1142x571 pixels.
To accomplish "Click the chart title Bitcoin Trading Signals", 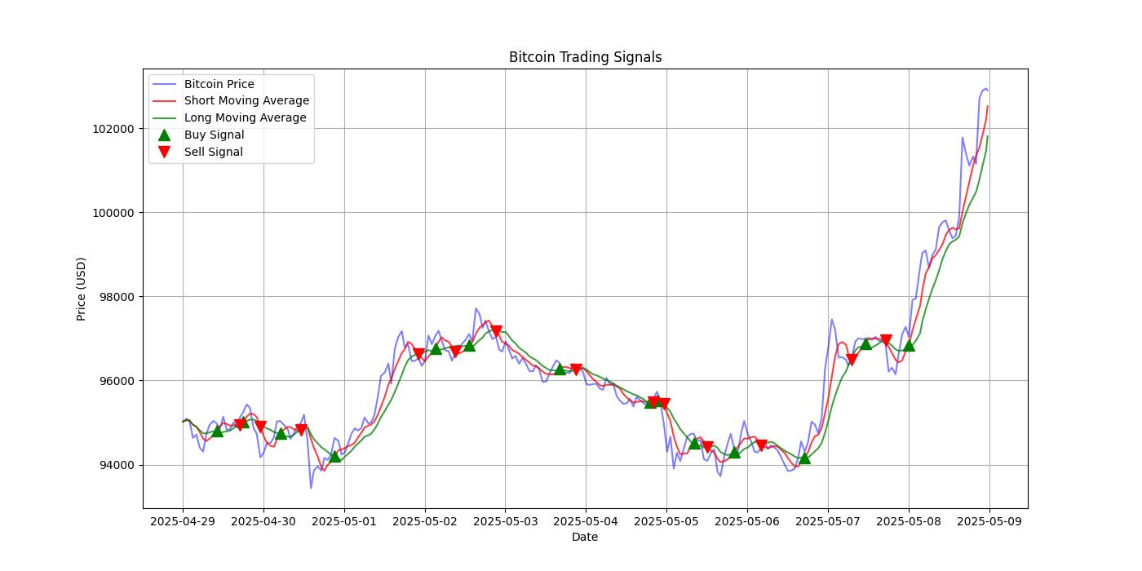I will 585,57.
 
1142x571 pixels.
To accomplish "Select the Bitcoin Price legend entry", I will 219,84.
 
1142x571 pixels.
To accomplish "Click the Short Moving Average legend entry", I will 246,101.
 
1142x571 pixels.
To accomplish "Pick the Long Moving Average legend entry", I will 245,117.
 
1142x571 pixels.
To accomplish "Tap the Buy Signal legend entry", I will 214,135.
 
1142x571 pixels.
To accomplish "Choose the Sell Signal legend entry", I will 213,152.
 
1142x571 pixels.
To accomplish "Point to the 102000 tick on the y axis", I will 113,129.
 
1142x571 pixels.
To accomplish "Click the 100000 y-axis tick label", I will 113,213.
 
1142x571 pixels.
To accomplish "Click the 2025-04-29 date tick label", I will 183,521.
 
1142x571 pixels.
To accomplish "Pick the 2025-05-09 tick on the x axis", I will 989,521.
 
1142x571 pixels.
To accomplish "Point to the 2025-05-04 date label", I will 586,521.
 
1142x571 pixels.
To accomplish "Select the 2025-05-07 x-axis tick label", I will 828,521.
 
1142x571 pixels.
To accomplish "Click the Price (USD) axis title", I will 82,289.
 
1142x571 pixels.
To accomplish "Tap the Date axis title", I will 585,537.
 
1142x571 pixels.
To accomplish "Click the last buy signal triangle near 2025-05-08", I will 909,345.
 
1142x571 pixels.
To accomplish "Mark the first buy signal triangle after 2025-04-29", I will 217,430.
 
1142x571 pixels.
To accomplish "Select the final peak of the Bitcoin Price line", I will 986,89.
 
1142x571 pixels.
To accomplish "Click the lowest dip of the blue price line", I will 311,488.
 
